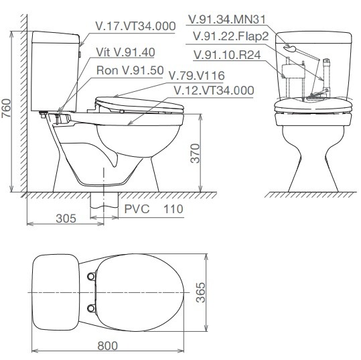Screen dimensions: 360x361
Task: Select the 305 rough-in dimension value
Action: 66,219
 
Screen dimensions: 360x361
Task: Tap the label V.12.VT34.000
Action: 213,90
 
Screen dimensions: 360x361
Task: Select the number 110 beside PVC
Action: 172,209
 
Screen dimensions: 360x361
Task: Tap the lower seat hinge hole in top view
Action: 90,308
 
